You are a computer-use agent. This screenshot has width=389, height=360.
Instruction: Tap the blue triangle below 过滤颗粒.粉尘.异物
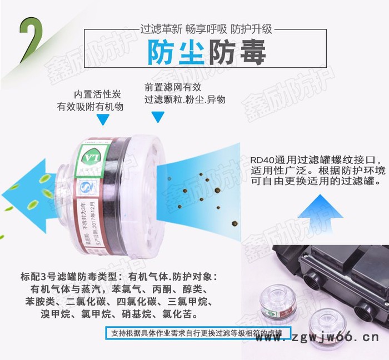[158, 117]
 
